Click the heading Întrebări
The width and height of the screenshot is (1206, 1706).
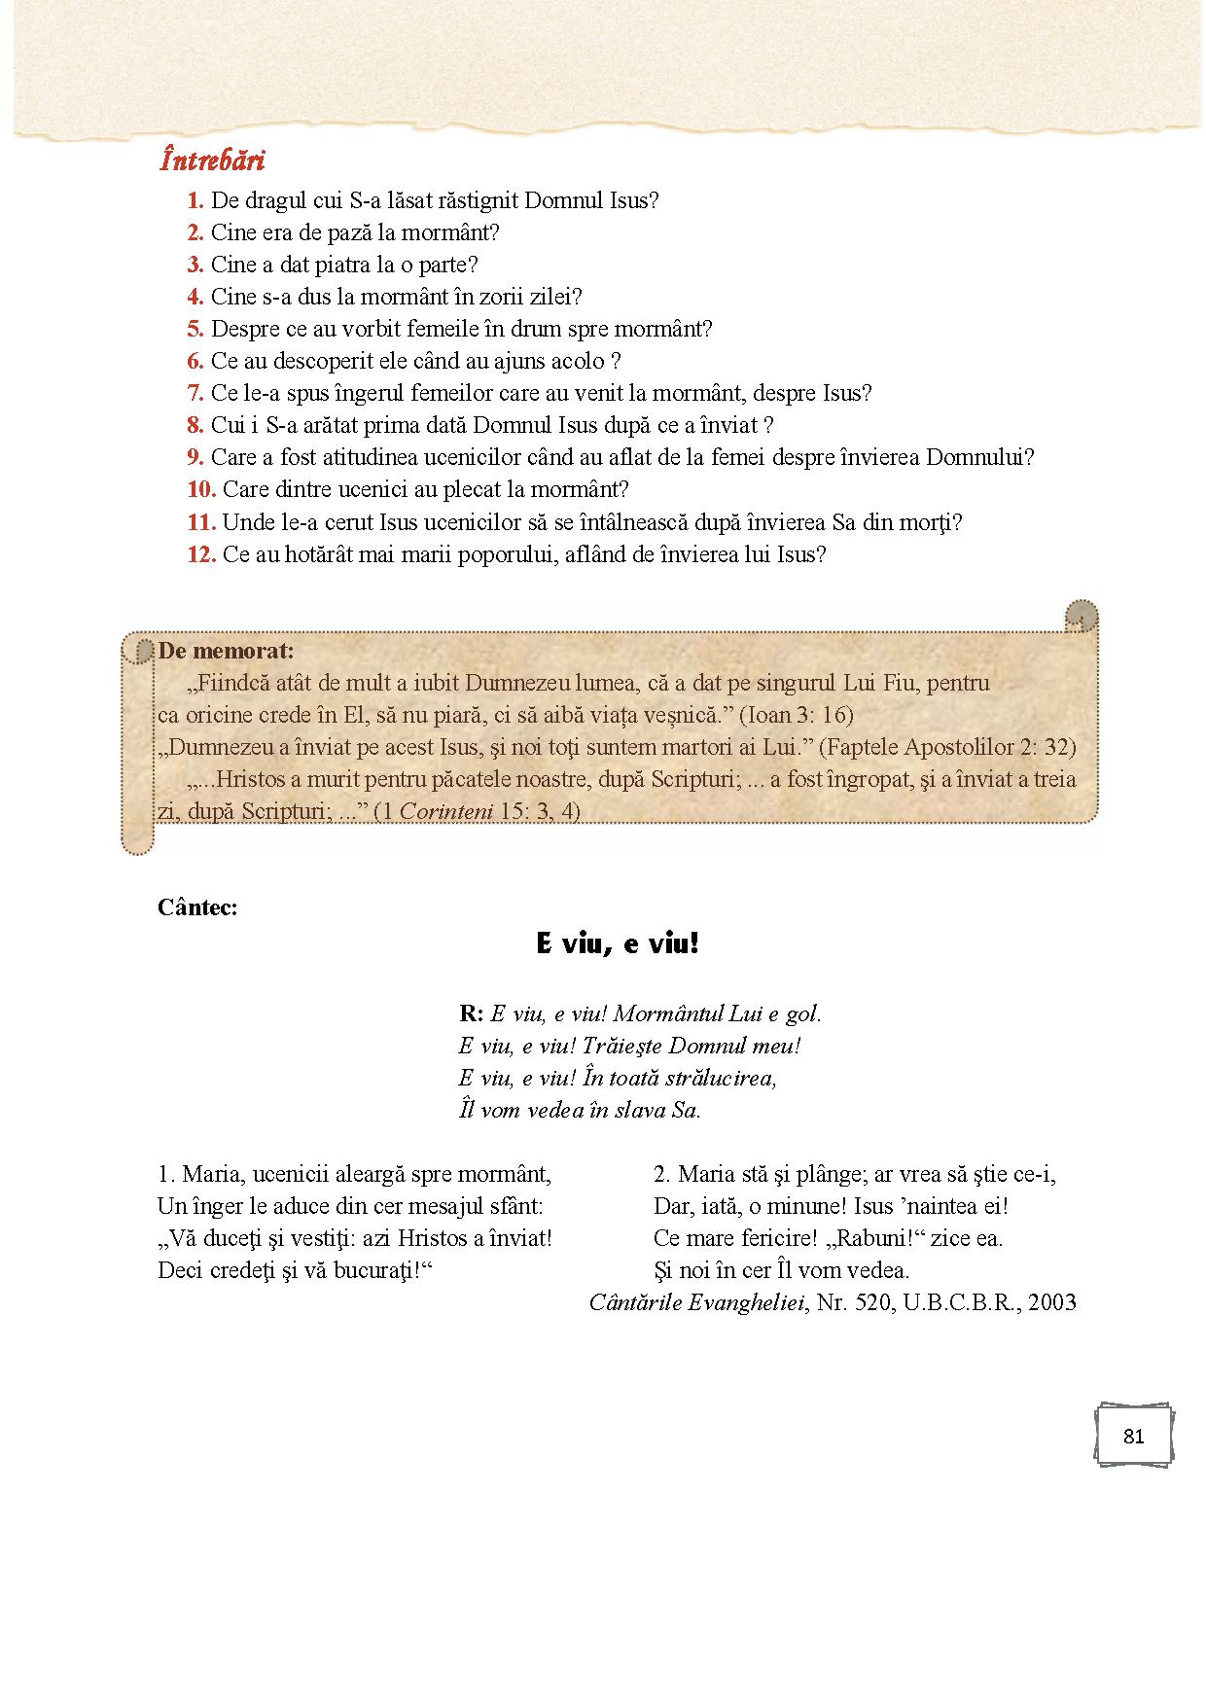click(x=213, y=160)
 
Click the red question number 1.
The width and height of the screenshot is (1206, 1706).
click(x=195, y=200)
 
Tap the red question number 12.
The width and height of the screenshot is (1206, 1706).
click(x=200, y=554)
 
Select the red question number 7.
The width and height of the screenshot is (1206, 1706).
click(x=195, y=393)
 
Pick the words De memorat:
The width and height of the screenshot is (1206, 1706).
click(x=226, y=650)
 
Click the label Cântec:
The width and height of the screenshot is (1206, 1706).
click(x=197, y=907)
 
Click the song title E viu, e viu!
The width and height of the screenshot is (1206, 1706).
click(x=618, y=943)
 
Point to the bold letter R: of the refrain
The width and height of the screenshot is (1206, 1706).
click(x=471, y=1013)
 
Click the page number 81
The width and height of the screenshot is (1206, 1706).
click(x=1133, y=1437)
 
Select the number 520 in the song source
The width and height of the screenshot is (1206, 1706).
click(x=873, y=1302)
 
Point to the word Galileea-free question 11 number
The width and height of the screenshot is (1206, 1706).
click(x=200, y=522)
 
